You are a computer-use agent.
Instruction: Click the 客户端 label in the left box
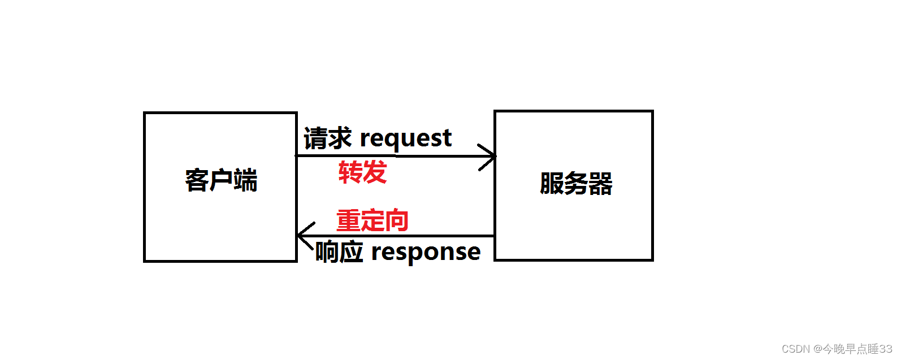(x=221, y=180)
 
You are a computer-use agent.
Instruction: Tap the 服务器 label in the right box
(x=576, y=184)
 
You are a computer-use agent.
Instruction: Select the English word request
(x=405, y=139)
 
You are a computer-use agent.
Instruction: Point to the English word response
(x=426, y=253)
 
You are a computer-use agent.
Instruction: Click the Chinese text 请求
(x=327, y=138)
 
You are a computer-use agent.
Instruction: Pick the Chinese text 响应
(x=339, y=252)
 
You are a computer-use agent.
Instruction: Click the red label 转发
(x=362, y=172)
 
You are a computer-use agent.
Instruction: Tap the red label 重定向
(x=372, y=220)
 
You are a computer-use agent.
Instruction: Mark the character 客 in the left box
(x=197, y=180)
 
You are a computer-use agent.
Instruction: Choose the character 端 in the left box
(x=245, y=180)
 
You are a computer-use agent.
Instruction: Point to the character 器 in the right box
(x=600, y=184)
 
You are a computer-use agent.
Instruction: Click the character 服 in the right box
(x=552, y=184)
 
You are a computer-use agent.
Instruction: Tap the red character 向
(x=397, y=220)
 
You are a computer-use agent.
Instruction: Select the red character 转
(x=350, y=172)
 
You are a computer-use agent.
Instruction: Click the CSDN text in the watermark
(x=796, y=349)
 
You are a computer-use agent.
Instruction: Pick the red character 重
(x=348, y=220)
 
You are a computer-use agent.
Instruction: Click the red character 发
(x=375, y=172)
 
